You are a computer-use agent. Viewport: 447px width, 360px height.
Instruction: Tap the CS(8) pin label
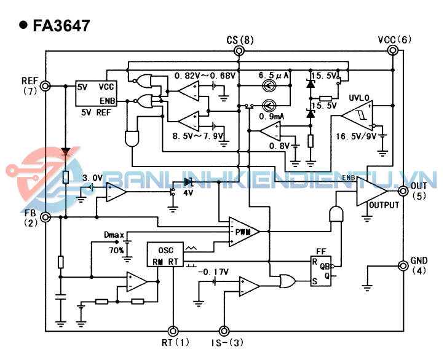pyautogui.click(x=240, y=41)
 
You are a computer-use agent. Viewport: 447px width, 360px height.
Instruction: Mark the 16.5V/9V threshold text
pyautogui.click(x=355, y=136)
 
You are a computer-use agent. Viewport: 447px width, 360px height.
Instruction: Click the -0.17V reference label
pyautogui.click(x=213, y=270)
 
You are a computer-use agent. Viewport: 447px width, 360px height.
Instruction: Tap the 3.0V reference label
pyautogui.click(x=92, y=178)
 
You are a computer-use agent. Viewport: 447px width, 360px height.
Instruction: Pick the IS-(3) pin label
pyautogui.click(x=224, y=342)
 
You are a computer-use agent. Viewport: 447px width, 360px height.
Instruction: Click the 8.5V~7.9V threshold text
pyautogui.click(x=198, y=135)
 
